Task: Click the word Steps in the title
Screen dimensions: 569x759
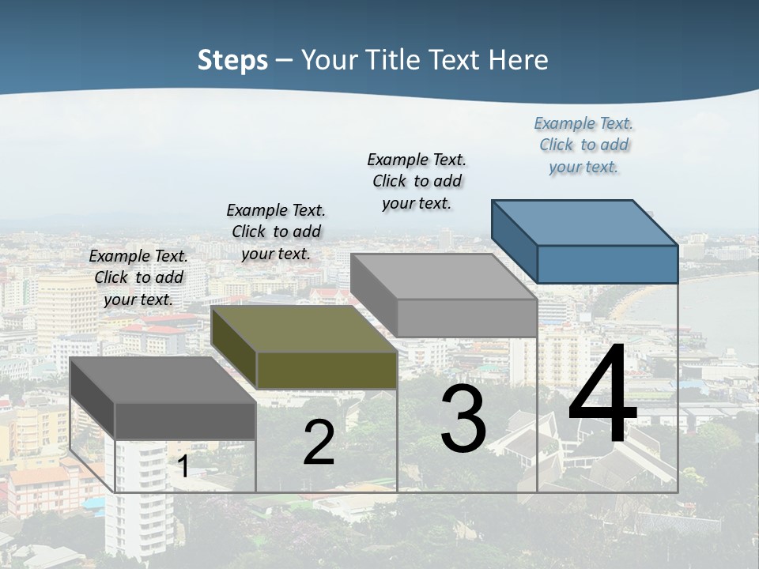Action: [x=232, y=60]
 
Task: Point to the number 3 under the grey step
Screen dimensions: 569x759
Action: [x=463, y=419]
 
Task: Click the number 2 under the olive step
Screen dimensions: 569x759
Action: [x=319, y=443]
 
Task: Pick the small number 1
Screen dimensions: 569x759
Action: [x=183, y=466]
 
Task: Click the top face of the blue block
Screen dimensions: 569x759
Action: [x=583, y=222]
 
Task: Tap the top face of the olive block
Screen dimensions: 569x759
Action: [x=303, y=329]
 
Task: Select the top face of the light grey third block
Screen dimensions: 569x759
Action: [x=443, y=277]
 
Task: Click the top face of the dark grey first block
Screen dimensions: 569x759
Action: [x=162, y=380]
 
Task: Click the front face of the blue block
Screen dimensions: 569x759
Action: [x=607, y=264]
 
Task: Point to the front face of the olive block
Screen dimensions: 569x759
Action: [x=327, y=370]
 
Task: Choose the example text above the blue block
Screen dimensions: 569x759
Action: [x=583, y=145]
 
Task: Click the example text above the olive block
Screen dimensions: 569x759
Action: [x=276, y=232]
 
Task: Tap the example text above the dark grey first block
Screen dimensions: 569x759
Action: [x=138, y=277]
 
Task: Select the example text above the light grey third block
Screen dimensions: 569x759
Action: [x=417, y=181]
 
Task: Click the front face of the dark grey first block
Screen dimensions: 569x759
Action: [x=186, y=420]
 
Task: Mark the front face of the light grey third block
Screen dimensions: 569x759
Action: [x=466, y=318]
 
